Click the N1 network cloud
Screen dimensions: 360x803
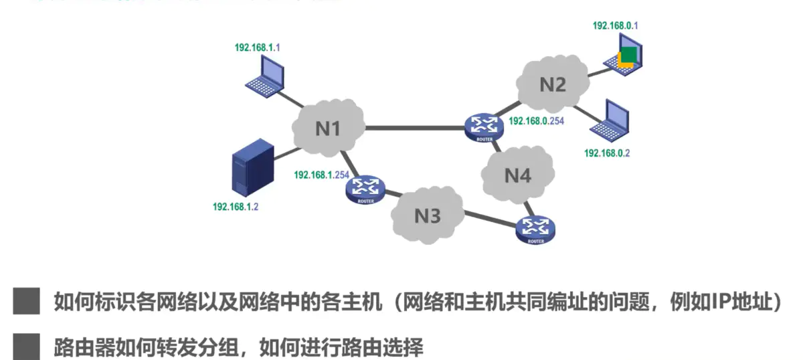pyautogui.click(x=328, y=127)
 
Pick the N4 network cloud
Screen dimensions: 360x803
pyautogui.click(x=517, y=175)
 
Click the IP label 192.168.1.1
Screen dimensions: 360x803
pyautogui.click(x=257, y=48)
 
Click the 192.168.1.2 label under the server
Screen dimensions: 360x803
pyautogui.click(x=235, y=207)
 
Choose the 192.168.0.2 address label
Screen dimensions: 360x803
pyautogui.click(x=607, y=153)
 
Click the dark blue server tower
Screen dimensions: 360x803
pyautogui.click(x=251, y=168)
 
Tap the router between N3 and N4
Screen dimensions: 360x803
pyautogui.click(x=536, y=230)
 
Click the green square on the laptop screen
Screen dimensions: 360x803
pyautogui.click(x=628, y=54)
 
